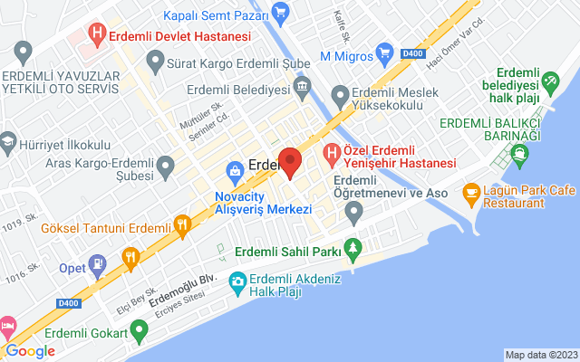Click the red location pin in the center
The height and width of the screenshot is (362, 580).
pos(290,162)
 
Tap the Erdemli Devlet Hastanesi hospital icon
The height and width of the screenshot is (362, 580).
pos(96,36)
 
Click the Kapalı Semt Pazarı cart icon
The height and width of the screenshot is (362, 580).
pos(280,14)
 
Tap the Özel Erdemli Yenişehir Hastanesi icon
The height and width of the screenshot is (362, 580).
pos(333,155)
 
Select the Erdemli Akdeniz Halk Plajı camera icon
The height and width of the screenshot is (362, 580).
pos(237,281)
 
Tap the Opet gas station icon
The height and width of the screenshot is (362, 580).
pos(97,266)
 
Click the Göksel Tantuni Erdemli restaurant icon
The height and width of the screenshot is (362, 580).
pos(182,224)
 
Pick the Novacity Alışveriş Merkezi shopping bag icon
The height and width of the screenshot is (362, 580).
pos(236,170)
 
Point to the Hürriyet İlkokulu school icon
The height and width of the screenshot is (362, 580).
pos(9,143)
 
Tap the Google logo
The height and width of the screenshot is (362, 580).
pos(30,351)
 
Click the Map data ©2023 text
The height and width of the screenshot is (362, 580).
pos(540,355)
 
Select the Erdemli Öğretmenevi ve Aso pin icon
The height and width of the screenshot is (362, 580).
pos(354,213)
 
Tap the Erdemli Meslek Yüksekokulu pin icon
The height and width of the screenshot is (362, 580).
pos(340,94)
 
